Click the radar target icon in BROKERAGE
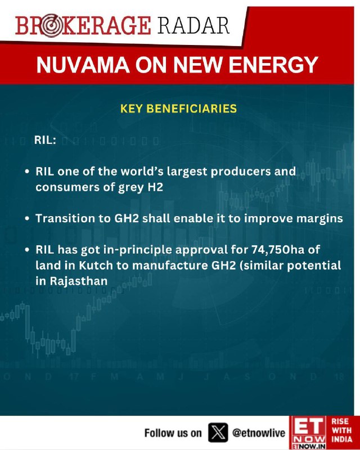(x=51, y=26)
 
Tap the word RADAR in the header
(x=193, y=25)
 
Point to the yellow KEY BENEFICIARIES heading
(x=178, y=109)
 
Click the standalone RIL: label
(x=45, y=140)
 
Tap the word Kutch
(x=96, y=265)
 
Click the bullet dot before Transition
(x=27, y=219)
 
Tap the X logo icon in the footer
(x=218, y=433)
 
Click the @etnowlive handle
(x=259, y=433)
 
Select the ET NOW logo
(x=308, y=433)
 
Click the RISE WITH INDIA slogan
(x=341, y=430)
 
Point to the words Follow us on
(x=173, y=433)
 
